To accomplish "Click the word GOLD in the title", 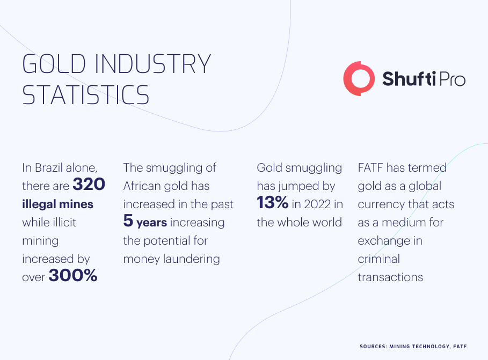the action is [54, 63].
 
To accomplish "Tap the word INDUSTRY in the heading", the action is [153, 63].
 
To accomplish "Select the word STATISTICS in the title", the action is [85, 94].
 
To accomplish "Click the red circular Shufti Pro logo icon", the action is [359, 78].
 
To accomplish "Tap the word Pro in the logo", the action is [452, 79].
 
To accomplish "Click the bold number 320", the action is [89, 184].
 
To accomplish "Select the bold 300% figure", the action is [73, 275].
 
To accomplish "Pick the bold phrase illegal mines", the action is [57, 204].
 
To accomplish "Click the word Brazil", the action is [48, 168].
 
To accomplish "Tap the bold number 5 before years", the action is [128, 221].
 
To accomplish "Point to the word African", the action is [142, 186].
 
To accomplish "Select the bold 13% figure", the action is [273, 203].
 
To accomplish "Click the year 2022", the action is [317, 204].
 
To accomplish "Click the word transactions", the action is [390, 277].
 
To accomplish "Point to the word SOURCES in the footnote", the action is [373, 346].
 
